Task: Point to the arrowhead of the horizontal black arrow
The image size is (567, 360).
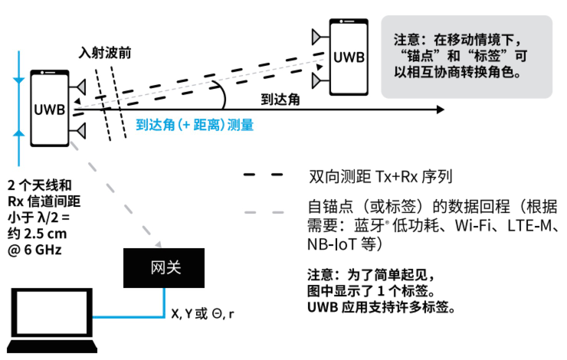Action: [439, 110]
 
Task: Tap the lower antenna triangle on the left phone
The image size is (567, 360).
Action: [79, 131]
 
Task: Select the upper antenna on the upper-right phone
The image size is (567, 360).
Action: [316, 36]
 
